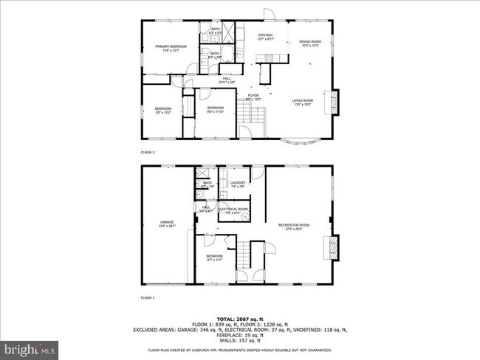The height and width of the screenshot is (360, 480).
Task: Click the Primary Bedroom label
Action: pyautogui.click(x=171, y=48)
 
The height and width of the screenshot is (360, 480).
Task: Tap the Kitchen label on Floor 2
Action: pyautogui.click(x=266, y=37)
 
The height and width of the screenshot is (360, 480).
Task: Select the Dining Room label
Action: pyautogui.click(x=309, y=44)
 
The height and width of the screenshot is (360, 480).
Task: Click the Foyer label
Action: pyautogui.click(x=253, y=97)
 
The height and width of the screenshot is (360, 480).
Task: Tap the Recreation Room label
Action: pyautogui.click(x=293, y=226)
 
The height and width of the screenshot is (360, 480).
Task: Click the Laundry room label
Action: pyautogui.click(x=237, y=184)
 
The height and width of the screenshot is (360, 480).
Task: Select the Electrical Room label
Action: pyautogui.click(x=233, y=210)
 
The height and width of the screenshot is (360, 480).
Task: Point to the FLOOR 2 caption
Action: pyautogui.click(x=148, y=152)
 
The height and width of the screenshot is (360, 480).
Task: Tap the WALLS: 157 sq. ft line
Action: pyautogui.click(x=239, y=342)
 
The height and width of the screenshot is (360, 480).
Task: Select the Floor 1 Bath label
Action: pyautogui.click(x=208, y=184)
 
